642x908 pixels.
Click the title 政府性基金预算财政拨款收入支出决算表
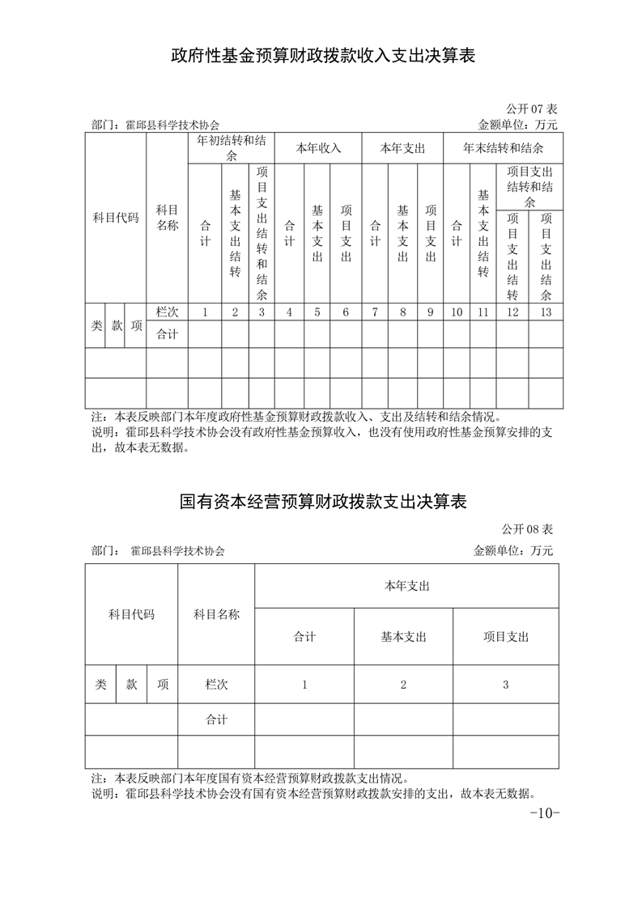(321, 56)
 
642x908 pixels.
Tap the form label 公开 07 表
(531, 108)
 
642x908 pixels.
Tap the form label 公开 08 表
(527, 529)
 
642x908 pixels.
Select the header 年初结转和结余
(232, 147)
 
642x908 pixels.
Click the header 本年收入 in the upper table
(318, 148)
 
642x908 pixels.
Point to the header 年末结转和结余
(503, 148)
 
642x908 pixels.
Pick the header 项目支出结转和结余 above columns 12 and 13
(529, 186)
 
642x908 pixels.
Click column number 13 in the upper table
(545, 312)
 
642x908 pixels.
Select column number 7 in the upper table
(375, 312)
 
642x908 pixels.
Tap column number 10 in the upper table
(457, 312)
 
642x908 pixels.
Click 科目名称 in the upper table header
(167, 219)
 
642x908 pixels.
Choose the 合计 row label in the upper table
(167, 333)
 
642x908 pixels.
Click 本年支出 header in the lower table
(406, 585)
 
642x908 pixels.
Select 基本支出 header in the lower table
(403, 637)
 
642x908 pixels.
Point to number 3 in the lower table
(506, 685)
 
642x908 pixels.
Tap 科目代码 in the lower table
(131, 614)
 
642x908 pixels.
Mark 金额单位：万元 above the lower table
(512, 550)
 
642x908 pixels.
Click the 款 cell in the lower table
(132, 684)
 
